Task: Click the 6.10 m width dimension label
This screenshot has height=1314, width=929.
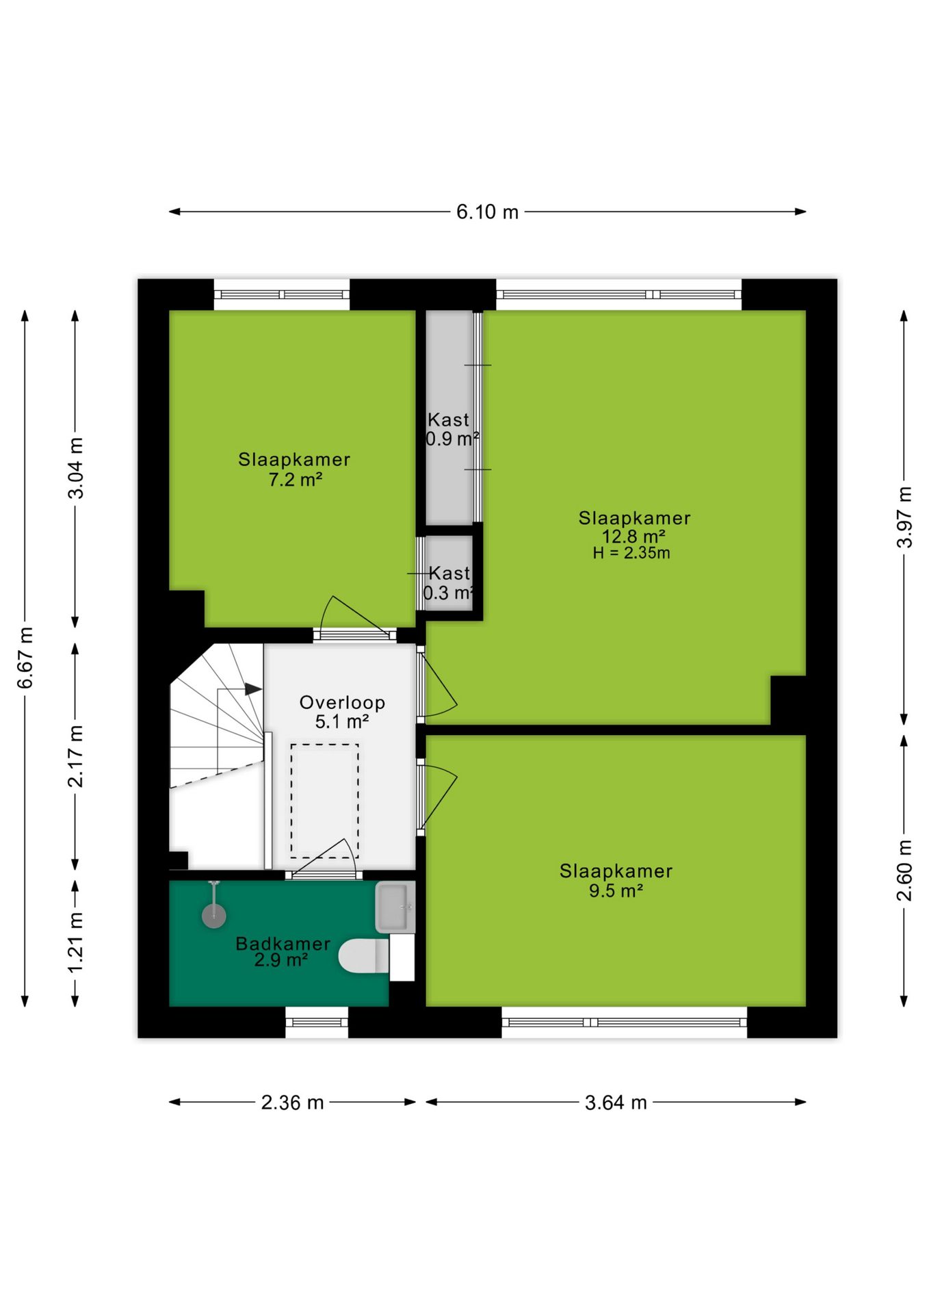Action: tap(487, 212)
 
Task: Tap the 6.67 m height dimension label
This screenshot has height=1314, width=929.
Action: tap(25, 658)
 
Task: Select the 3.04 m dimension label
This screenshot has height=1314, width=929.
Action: tap(75, 468)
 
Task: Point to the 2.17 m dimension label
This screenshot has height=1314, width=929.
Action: tap(75, 756)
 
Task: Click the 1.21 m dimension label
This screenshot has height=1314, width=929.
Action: tap(75, 942)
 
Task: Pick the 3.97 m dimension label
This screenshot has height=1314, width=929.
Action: tap(904, 517)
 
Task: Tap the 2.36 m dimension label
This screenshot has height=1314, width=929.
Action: tap(292, 1103)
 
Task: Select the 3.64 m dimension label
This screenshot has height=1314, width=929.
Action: tap(616, 1103)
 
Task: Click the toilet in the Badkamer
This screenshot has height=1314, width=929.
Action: tap(364, 955)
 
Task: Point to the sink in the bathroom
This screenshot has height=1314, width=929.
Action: tap(395, 907)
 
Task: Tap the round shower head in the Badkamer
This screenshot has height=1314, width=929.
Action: tap(214, 916)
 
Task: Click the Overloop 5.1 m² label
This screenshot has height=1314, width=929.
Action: tap(342, 712)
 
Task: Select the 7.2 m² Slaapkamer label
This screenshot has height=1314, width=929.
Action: tap(294, 469)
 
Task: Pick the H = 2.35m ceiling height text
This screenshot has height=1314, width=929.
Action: tap(631, 553)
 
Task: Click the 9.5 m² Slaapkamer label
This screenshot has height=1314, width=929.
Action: tap(616, 880)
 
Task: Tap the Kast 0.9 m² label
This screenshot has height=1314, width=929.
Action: tap(451, 429)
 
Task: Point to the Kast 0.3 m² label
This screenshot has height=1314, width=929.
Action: tap(449, 582)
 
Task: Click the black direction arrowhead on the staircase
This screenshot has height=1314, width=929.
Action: tap(253, 689)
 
